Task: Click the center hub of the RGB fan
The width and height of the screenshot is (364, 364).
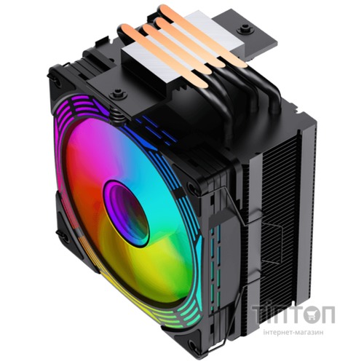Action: [126, 213]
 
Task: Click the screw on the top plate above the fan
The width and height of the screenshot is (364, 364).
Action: [118, 95]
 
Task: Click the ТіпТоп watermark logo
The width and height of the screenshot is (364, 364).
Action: [293, 314]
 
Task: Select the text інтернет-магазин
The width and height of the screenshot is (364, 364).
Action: [293, 332]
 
